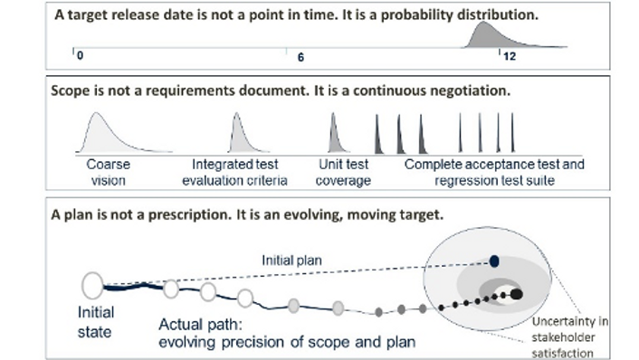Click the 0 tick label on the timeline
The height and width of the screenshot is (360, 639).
[x=80, y=57]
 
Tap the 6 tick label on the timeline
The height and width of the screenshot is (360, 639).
[x=301, y=57]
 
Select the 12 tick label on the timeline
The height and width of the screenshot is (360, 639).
[x=509, y=56]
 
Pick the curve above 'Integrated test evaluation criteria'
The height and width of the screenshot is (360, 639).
[x=236, y=136]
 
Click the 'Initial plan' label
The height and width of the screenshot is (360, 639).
[x=289, y=260]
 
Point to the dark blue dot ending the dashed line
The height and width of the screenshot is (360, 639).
[x=494, y=261]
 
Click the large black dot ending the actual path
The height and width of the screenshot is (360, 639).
[x=516, y=293]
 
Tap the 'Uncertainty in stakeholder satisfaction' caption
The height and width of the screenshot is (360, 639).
[x=571, y=338]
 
